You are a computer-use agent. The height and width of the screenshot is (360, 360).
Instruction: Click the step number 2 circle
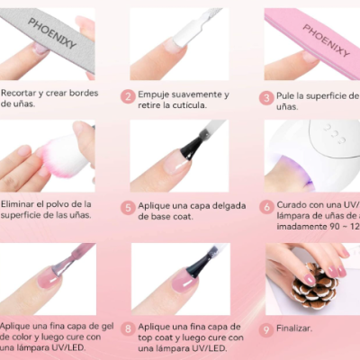pyautogui.click(x=129, y=95)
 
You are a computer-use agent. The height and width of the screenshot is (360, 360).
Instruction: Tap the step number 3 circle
pyautogui.click(x=266, y=97)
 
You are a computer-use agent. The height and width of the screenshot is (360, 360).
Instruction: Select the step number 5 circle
pyautogui.click(x=129, y=208)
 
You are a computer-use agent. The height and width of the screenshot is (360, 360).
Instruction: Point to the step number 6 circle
pyautogui.click(x=266, y=206)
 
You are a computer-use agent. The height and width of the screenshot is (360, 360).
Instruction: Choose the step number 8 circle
pyautogui.click(x=129, y=328)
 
